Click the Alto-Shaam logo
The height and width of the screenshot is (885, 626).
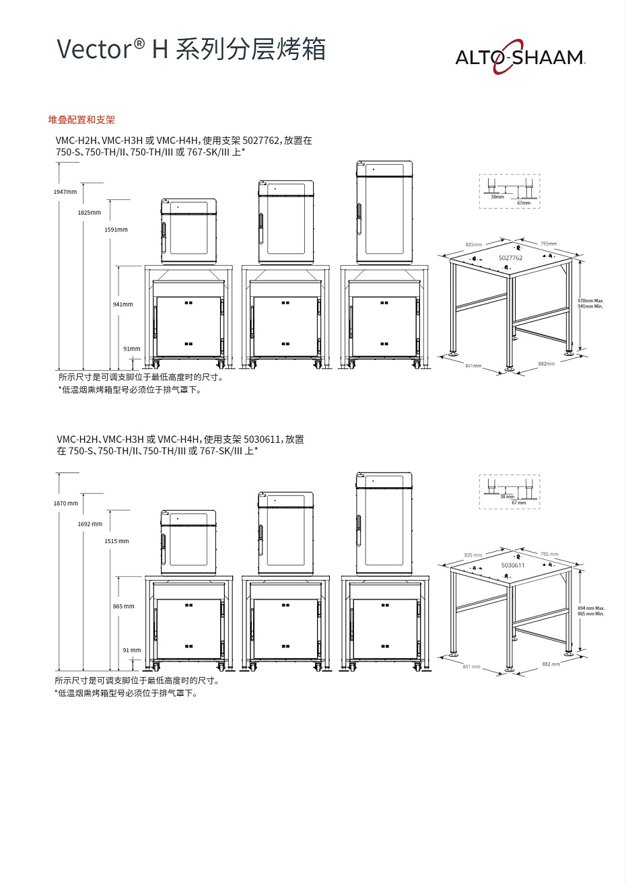click(520, 59)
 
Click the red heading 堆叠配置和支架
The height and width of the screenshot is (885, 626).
click(81, 120)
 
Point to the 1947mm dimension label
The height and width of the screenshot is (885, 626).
click(65, 192)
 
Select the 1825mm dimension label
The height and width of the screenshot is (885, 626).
click(90, 213)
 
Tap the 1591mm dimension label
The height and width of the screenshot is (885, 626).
click(116, 229)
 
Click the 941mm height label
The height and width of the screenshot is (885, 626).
click(123, 304)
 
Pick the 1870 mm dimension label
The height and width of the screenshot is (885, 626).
click(66, 503)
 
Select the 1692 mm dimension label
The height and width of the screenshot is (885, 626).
click(90, 524)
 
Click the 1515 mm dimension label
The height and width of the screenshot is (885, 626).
click(116, 541)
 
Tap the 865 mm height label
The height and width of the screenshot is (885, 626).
click(124, 606)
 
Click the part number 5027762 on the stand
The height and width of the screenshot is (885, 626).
click(510, 258)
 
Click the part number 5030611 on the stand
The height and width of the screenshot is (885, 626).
click(513, 565)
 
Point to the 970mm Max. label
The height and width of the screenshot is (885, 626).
click(591, 301)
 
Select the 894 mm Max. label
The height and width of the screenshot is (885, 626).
click(591, 608)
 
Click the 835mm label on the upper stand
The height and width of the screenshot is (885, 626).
click(474, 244)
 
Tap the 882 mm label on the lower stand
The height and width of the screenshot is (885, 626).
click(551, 664)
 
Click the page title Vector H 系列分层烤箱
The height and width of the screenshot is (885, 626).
click(191, 50)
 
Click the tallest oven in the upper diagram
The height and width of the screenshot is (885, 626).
click(384, 211)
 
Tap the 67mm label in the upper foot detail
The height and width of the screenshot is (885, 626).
click(524, 203)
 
